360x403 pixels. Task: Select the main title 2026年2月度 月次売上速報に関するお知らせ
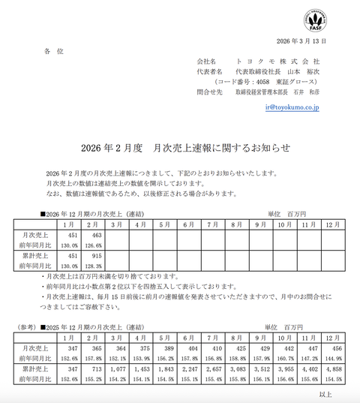pyautogui.click(x=179, y=147)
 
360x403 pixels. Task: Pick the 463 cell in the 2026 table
pyautogui.click(x=96, y=236)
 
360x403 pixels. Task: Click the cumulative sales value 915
pyautogui.click(x=96, y=257)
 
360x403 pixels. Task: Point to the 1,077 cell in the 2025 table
pyautogui.click(x=120, y=369)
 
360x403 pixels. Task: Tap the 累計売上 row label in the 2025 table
pyautogui.click(x=34, y=369)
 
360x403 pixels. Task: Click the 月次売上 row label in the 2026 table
pyautogui.click(x=34, y=236)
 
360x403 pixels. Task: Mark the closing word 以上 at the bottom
pyautogui.click(x=325, y=394)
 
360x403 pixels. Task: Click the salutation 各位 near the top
pyautogui.click(x=55, y=50)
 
